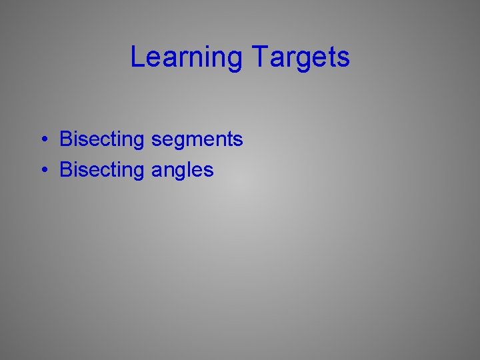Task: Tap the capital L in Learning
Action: (137, 57)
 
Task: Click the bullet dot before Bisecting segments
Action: (42, 140)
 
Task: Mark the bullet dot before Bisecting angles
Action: (42, 171)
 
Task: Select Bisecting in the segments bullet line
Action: (101, 140)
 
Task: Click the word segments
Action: (197, 140)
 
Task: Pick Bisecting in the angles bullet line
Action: (101, 171)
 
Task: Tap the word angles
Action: (183, 171)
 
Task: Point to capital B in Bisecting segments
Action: (66, 139)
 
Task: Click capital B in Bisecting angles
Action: (66, 170)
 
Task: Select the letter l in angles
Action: (193, 170)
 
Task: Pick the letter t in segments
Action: (230, 140)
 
